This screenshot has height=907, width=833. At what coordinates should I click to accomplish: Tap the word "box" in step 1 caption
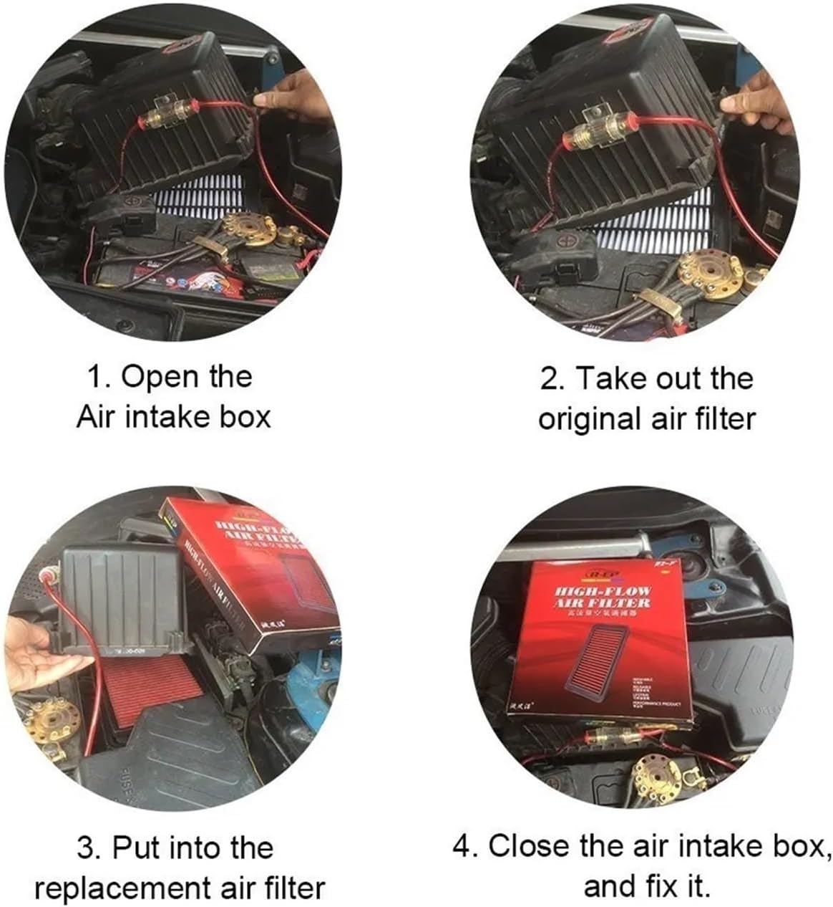click(x=246, y=416)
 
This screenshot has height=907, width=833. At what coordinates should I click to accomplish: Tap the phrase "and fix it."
click(x=647, y=886)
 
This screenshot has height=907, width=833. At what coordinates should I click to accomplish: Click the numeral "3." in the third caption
click(x=90, y=848)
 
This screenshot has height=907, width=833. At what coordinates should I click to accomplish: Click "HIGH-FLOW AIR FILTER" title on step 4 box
click(x=603, y=598)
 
